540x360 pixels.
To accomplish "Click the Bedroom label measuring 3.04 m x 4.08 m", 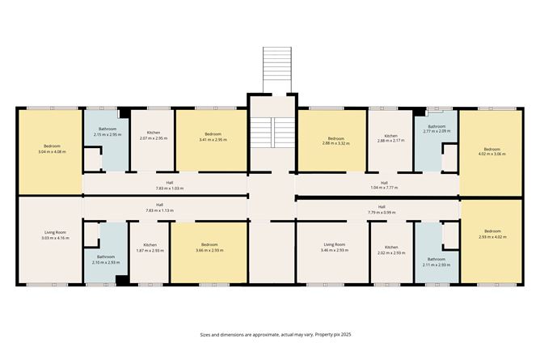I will point(49,149).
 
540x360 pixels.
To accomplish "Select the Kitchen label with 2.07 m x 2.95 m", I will point(153,136).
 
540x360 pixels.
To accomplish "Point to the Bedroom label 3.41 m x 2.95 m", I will point(213,136).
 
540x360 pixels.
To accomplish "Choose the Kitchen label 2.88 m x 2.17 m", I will point(390,138).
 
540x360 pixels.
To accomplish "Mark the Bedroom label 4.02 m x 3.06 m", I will point(492,151).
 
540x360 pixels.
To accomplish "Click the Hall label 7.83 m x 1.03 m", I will point(171,185).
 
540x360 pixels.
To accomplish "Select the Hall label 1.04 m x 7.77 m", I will point(384,185).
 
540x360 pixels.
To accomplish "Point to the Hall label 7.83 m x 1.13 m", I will point(159,207).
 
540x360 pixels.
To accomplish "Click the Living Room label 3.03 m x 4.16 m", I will point(49,236).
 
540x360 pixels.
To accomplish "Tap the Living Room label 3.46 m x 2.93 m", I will point(334,247).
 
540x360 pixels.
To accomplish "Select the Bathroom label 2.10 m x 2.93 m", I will point(106,260).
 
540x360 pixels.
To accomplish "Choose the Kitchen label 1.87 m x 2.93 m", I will point(150,248).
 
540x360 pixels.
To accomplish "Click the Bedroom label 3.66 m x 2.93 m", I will point(209,247).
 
